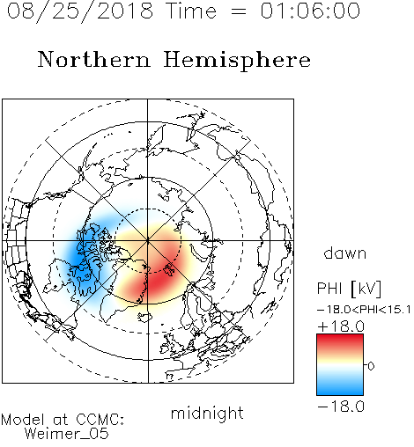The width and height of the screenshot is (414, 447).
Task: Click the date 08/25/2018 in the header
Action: pyautogui.click(x=80, y=11)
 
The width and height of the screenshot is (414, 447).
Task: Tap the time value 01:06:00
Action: pyautogui.click(x=310, y=11)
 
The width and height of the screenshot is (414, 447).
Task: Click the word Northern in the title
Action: pyautogui.click(x=94, y=60)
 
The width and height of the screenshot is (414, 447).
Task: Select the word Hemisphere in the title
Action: pyautogui.click(x=237, y=60)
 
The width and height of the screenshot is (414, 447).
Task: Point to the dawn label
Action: pyautogui.click(x=345, y=253)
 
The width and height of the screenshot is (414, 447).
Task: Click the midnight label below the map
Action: pyautogui.click(x=207, y=414)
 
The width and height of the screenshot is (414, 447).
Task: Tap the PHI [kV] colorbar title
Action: pyautogui.click(x=349, y=289)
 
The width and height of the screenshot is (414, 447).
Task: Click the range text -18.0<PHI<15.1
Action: pyautogui.click(x=364, y=310)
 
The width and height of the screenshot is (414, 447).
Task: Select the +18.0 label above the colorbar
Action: pyautogui.click(x=341, y=326)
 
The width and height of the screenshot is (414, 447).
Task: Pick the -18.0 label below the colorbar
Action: pyautogui.click(x=341, y=407)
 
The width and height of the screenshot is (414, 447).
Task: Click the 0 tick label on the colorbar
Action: pyautogui.click(x=371, y=366)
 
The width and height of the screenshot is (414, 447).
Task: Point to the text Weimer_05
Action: pyautogui.click(x=67, y=434)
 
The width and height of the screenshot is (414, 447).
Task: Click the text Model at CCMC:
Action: pyautogui.click(x=63, y=420)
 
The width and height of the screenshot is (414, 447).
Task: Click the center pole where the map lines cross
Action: pyautogui.click(x=148, y=241)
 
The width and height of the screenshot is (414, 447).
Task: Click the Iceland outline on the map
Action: pyautogui.click(x=144, y=316)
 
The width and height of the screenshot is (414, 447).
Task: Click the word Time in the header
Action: pyautogui.click(x=191, y=11)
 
